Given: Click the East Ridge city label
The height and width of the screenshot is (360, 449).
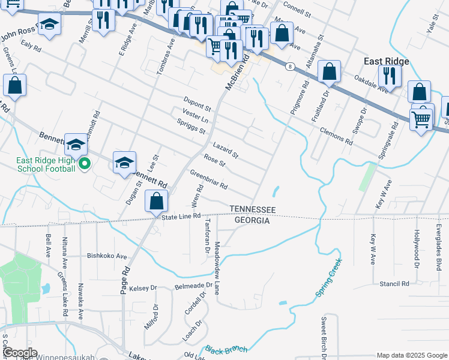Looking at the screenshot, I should tap(387, 61).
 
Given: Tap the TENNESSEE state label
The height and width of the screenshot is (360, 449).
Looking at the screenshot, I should tap(253, 209).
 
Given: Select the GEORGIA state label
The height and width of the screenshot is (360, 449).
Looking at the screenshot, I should tap(252, 220).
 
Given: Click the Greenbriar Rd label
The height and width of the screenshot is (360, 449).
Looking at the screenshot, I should tap(208, 180).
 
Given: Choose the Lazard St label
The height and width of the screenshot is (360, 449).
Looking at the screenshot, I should tap(225, 150).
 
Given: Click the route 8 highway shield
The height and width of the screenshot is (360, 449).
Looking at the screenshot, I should tap(290, 66).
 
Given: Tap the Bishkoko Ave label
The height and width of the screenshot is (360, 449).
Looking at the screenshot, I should tap(107, 255).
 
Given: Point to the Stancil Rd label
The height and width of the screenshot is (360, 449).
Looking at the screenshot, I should tap(394, 283).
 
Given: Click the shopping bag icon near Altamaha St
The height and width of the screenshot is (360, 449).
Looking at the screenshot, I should tap(329, 72).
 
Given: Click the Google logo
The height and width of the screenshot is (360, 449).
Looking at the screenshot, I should tap(19, 353).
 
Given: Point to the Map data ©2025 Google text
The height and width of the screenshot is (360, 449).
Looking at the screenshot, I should tap(412, 355).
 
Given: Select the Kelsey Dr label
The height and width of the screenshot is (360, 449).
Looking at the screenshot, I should tap(142, 288).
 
